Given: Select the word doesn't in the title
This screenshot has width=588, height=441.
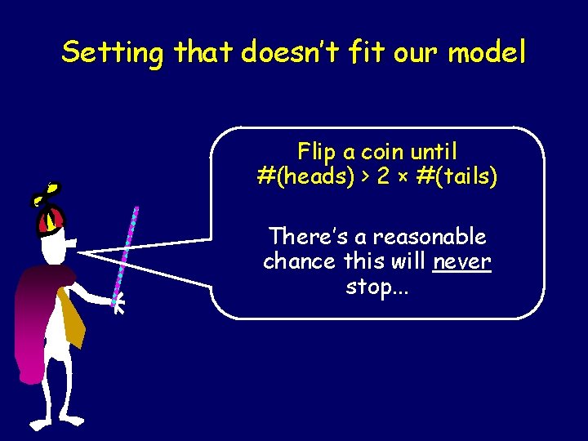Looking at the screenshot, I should [282, 53].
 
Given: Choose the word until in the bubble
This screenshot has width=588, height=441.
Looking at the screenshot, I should [433, 151].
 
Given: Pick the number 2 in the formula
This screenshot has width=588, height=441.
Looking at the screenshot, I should [383, 176].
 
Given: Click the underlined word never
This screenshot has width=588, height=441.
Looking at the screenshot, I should [462, 262].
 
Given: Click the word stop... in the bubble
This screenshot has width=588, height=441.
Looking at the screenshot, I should [377, 287].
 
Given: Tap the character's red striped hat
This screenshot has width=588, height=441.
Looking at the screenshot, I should [50, 218].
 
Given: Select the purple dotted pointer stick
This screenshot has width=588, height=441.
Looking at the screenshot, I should [127, 245].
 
